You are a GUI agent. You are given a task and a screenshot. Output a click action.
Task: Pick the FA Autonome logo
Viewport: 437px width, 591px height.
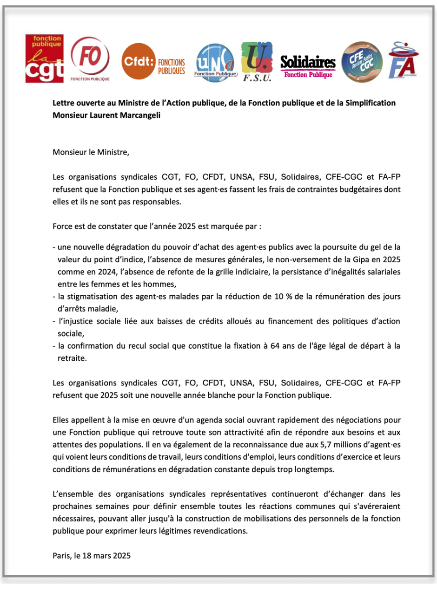pos(404,60)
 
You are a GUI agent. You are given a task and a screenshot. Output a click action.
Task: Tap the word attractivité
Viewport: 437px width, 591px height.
pos(203,433)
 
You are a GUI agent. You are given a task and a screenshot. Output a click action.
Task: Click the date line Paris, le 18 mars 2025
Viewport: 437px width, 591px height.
pos(92,555)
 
